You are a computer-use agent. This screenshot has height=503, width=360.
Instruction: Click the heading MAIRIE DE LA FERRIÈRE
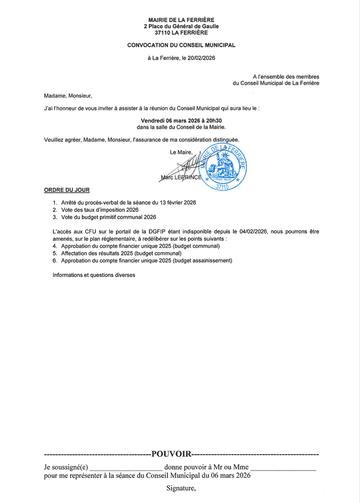point(181,19)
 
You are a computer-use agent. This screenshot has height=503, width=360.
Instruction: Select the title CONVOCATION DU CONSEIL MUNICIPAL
point(181,45)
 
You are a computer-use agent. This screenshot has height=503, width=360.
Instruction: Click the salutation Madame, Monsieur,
point(68,95)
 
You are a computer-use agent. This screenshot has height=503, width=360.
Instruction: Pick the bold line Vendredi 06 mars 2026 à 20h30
point(181,120)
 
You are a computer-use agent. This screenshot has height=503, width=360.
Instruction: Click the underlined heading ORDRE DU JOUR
point(66,190)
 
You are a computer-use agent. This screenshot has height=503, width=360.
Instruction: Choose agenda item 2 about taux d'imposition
point(99,210)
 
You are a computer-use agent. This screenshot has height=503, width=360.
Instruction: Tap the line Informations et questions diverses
point(94,275)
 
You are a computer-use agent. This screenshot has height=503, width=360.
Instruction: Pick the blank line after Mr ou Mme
point(283,468)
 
